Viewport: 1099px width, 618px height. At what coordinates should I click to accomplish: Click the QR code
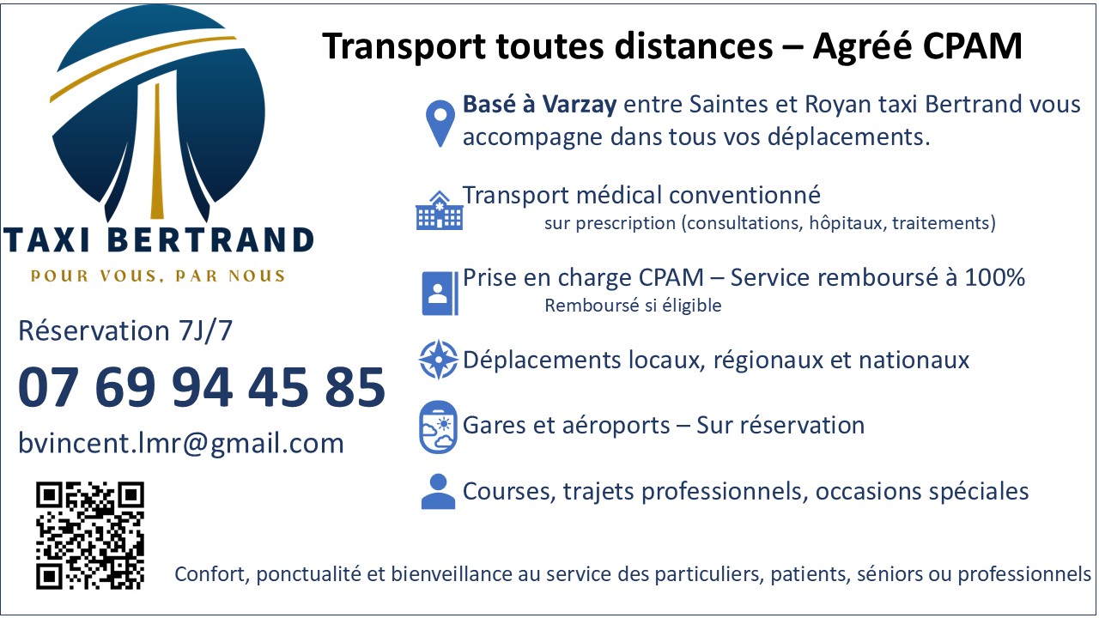pyautogui.click(x=90, y=536)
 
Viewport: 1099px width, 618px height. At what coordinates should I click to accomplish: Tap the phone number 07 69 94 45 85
pyautogui.click(x=202, y=387)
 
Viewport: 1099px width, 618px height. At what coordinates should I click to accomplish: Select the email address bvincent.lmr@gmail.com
pyautogui.click(x=181, y=444)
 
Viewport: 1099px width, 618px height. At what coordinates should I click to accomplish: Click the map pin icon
pyautogui.click(x=440, y=124)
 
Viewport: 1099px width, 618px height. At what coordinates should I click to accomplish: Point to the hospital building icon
pyautogui.click(x=439, y=210)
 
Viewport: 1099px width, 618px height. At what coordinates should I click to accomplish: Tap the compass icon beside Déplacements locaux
pyautogui.click(x=439, y=360)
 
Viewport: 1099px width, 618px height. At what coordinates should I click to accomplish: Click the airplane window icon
pyautogui.click(x=438, y=427)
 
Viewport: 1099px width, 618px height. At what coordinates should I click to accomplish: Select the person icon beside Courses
pyautogui.click(x=438, y=492)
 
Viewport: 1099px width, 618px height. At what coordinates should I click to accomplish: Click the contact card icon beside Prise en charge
pyautogui.click(x=440, y=293)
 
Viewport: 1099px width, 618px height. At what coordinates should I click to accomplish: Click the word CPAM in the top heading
pyautogui.click(x=973, y=46)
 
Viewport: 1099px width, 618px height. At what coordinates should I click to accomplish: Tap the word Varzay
pyautogui.click(x=579, y=105)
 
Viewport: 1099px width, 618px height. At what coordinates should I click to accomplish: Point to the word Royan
pyautogui.click(x=837, y=105)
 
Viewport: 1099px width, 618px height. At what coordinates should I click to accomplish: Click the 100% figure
pyautogui.click(x=994, y=277)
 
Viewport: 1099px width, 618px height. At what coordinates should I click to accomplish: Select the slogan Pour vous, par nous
pyautogui.click(x=157, y=276)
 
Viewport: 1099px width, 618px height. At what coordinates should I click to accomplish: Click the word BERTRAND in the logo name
pyautogui.click(x=210, y=239)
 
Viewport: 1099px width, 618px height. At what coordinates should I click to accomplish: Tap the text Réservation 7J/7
pyautogui.click(x=125, y=330)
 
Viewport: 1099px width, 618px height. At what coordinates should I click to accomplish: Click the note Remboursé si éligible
pyautogui.click(x=633, y=306)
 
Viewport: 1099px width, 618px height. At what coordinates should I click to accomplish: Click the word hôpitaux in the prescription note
pyautogui.click(x=847, y=223)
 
